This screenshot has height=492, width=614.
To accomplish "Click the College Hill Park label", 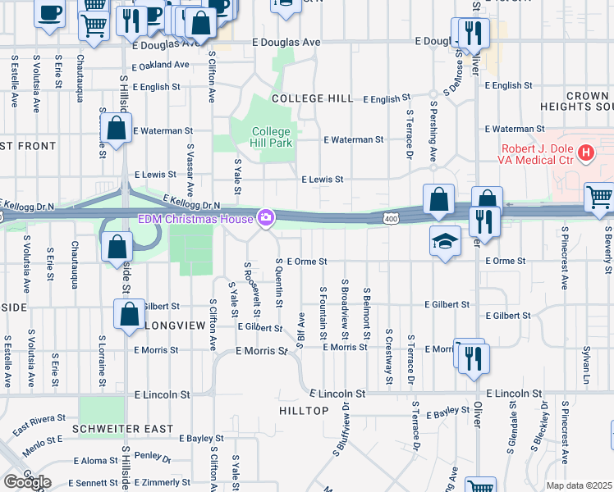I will pos(270,137).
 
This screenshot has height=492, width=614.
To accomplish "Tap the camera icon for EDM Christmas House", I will pos(265,217).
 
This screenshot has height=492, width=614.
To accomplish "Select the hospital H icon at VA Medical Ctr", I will pos(585,152).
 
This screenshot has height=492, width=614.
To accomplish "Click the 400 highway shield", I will pos(391,217).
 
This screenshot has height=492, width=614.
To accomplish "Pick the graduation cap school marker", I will pos(444,241).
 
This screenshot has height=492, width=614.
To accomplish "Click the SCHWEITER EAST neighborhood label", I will pos(122,429).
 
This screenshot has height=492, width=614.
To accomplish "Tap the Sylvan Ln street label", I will pos(587,364).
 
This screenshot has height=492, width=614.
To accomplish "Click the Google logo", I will pos(27,482).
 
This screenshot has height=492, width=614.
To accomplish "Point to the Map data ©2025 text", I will pos(579,485).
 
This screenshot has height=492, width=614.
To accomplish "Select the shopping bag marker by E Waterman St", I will pos(117,129).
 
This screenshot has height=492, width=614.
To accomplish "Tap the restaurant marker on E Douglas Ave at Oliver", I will pos(471,33).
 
